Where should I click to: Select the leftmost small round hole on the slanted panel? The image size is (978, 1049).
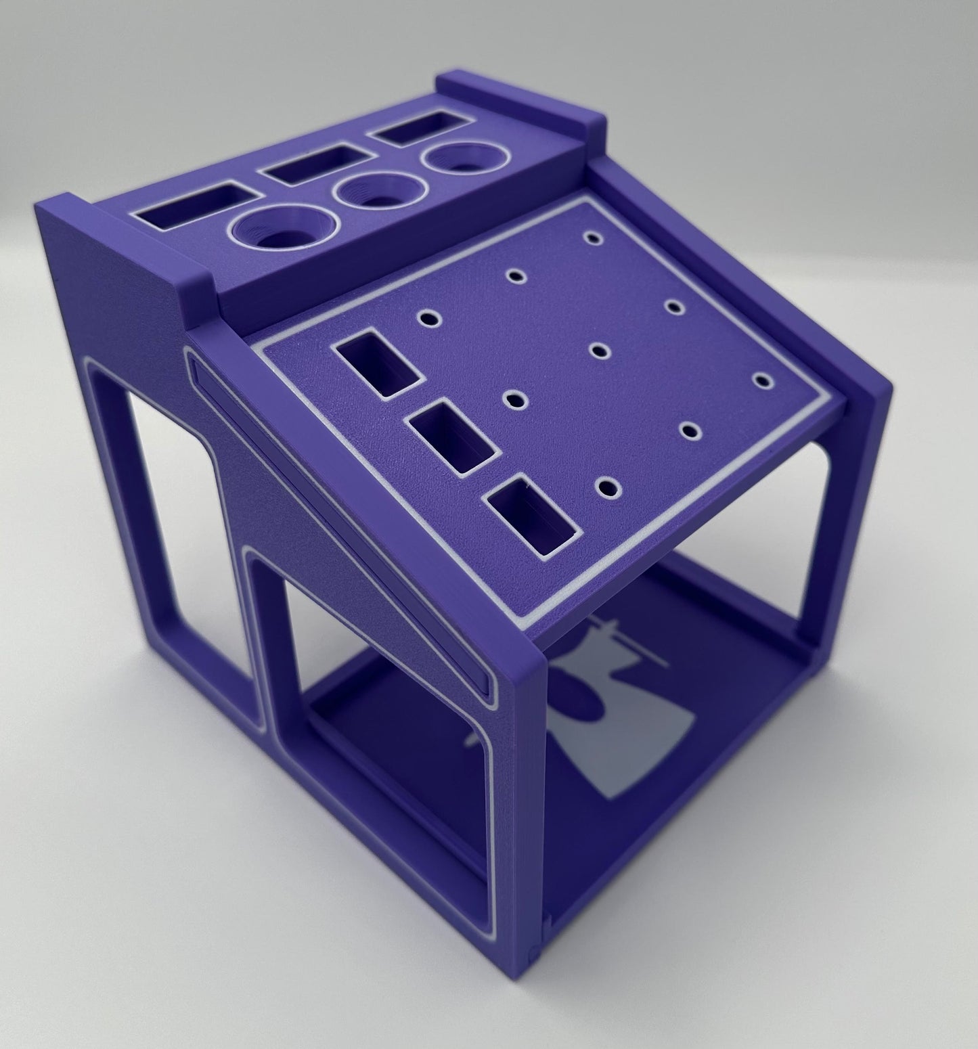point(428,316)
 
